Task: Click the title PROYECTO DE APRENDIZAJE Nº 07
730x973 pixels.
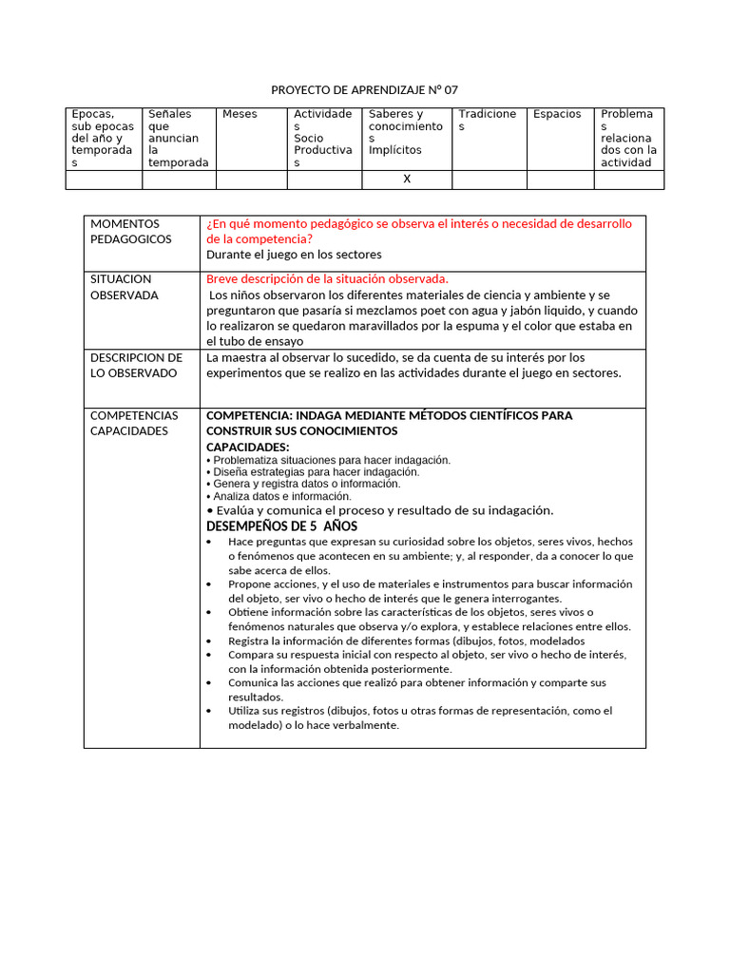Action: (364, 90)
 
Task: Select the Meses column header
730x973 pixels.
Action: (240, 114)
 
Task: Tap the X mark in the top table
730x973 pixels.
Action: (407, 180)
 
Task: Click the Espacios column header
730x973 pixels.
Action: (557, 114)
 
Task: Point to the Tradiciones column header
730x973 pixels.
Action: (488, 120)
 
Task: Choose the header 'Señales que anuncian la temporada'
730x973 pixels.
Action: (178, 138)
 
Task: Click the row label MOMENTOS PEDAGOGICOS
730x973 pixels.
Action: (131, 231)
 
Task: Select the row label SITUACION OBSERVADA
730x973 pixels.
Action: (124, 287)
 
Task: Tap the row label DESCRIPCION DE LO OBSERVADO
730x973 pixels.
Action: (136, 365)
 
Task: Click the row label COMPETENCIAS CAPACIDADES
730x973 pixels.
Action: (133, 423)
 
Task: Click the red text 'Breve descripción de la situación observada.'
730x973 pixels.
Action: (327, 279)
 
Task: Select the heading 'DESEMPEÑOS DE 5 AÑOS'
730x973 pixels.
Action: (282, 526)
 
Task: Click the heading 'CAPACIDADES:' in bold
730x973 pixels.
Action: (248, 448)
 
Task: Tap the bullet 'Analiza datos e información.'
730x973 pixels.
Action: (281, 496)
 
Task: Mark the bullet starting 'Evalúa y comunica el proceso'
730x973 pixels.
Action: (380, 510)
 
